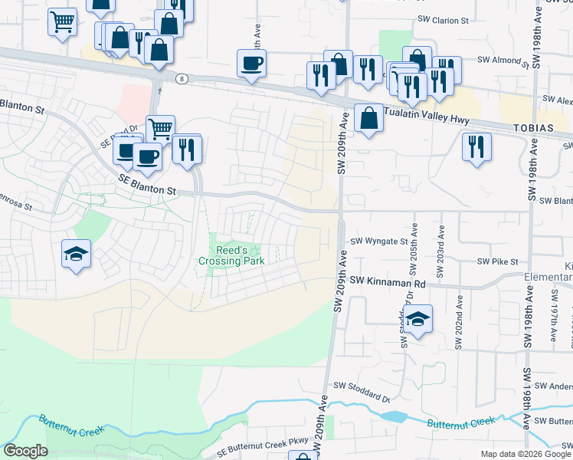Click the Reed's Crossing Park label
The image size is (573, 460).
[x=231, y=255]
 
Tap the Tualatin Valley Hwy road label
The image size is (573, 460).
[x=424, y=117]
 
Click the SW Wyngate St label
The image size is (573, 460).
[x=378, y=242]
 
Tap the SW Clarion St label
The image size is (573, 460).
[x=442, y=21]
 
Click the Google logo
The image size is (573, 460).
[x=25, y=451]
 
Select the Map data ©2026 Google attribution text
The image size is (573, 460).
[x=525, y=454]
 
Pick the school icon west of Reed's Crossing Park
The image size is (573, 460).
[x=75, y=254]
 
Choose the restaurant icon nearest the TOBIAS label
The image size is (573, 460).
[x=476, y=145]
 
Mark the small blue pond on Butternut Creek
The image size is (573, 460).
[x=394, y=417]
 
